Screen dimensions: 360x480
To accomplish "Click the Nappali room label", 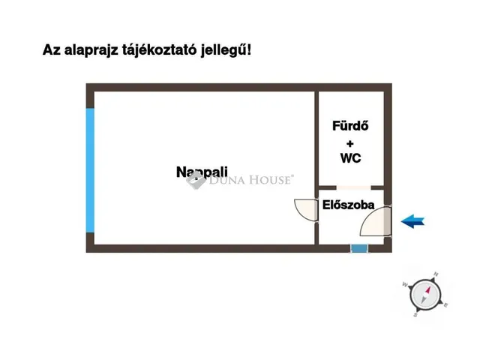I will tap(202, 172).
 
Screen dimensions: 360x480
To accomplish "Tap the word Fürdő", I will tap(351, 126).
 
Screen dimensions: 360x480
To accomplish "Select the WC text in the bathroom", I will tap(351, 157).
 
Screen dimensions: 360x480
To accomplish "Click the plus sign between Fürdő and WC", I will tap(350, 142).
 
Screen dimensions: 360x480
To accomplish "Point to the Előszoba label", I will tap(348, 203).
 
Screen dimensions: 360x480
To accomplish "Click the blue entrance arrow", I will tap(412, 220).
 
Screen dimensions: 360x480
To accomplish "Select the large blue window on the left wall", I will tap(90, 170).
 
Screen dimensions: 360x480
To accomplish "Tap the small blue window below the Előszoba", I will tap(360, 248).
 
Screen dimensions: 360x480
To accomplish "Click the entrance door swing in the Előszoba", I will tap(375, 221).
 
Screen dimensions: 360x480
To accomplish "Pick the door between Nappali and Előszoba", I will tap(306, 209).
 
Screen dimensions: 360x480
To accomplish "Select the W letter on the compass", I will tap(405, 285).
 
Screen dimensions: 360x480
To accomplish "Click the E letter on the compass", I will tap(447, 304).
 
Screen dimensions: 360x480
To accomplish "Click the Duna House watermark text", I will tap(251, 180).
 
